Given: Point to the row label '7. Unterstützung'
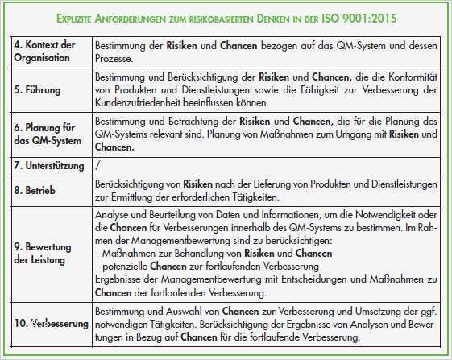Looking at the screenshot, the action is point(51,164).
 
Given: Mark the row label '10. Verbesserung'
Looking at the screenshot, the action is point(51,323).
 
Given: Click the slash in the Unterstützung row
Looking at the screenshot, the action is point(97,164).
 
